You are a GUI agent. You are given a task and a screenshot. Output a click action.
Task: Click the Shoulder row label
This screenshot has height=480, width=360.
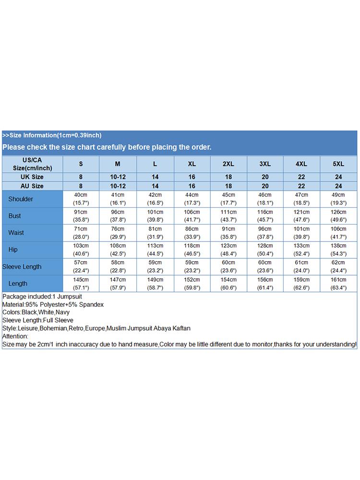coord(21,199)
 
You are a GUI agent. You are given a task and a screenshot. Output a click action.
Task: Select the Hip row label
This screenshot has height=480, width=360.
coord(13,250)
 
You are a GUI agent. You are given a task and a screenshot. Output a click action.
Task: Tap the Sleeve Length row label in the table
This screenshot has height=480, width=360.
coord(22,266)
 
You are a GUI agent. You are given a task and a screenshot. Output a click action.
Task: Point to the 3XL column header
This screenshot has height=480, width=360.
coord(265,164)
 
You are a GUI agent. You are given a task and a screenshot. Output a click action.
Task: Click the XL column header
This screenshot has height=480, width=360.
coord(192,164)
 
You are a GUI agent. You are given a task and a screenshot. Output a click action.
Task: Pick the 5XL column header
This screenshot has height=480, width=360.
coord(338,164)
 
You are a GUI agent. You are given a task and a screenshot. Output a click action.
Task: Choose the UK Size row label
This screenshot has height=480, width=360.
coord(32,177)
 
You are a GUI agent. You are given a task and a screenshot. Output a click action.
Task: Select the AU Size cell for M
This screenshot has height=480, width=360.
coord(118,186)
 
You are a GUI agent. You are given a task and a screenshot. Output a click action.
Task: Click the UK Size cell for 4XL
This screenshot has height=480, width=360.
coord(301,177)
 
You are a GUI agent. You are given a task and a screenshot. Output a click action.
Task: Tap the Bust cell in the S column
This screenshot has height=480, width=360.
coord(81,216)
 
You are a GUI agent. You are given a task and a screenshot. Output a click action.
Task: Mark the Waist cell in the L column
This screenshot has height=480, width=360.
coord(155,232)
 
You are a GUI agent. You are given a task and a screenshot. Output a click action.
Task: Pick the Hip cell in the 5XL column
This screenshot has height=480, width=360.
coord(338,249)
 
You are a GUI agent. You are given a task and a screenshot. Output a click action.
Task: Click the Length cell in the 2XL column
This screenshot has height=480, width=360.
coord(228,283)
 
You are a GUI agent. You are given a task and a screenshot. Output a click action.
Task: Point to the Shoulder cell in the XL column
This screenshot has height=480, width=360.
coord(192,199)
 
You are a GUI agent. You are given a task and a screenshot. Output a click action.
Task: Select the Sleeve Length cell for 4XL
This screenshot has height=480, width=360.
coord(301,266)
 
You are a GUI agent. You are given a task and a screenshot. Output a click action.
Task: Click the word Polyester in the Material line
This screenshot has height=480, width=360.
coord(51,305)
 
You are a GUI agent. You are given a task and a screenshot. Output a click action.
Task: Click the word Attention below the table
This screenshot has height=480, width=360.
coord(15,336)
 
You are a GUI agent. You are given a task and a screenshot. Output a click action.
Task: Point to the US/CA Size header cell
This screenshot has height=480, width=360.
coord(32,164)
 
